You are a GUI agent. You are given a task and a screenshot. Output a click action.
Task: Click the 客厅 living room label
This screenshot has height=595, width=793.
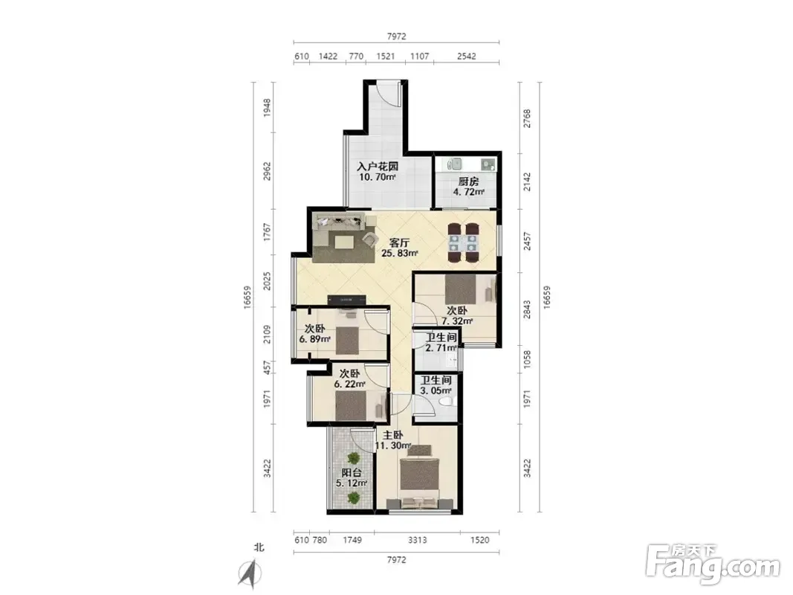399,242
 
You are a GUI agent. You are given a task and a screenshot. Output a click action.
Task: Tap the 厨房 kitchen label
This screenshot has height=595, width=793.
468,181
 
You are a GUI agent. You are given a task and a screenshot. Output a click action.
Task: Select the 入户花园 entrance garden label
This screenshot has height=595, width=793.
378,166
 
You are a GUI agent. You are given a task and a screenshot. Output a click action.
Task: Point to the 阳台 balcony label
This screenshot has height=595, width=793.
352,472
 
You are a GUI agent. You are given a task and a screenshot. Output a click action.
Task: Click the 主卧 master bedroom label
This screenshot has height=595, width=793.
392,435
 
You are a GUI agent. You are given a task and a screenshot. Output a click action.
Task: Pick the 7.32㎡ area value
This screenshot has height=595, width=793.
457,321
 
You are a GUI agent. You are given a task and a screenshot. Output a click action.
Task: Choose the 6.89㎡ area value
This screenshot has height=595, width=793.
314,339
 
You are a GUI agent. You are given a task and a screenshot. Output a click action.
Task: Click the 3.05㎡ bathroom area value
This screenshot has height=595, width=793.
436,390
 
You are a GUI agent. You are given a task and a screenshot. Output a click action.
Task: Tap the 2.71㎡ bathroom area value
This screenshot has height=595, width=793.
441,348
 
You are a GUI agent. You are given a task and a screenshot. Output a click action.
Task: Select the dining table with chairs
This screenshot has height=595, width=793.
463,243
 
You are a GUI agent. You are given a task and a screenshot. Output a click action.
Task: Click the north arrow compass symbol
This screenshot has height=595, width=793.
249,573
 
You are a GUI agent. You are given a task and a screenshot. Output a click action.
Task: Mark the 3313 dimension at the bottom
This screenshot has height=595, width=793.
417,540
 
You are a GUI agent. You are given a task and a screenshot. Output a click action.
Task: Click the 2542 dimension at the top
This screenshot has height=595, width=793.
466,57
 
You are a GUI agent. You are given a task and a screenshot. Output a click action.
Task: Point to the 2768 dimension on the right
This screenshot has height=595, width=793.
527,118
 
